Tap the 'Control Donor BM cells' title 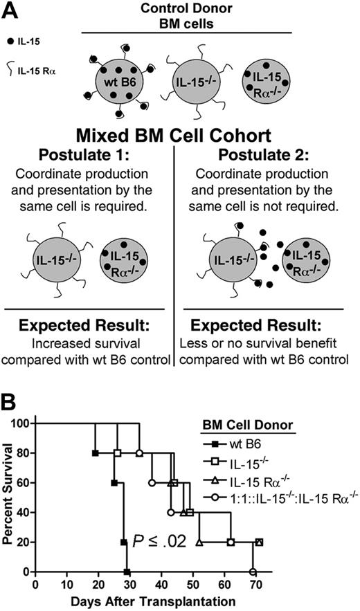click(x=187, y=17)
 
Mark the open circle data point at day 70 click(x=253, y=572)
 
